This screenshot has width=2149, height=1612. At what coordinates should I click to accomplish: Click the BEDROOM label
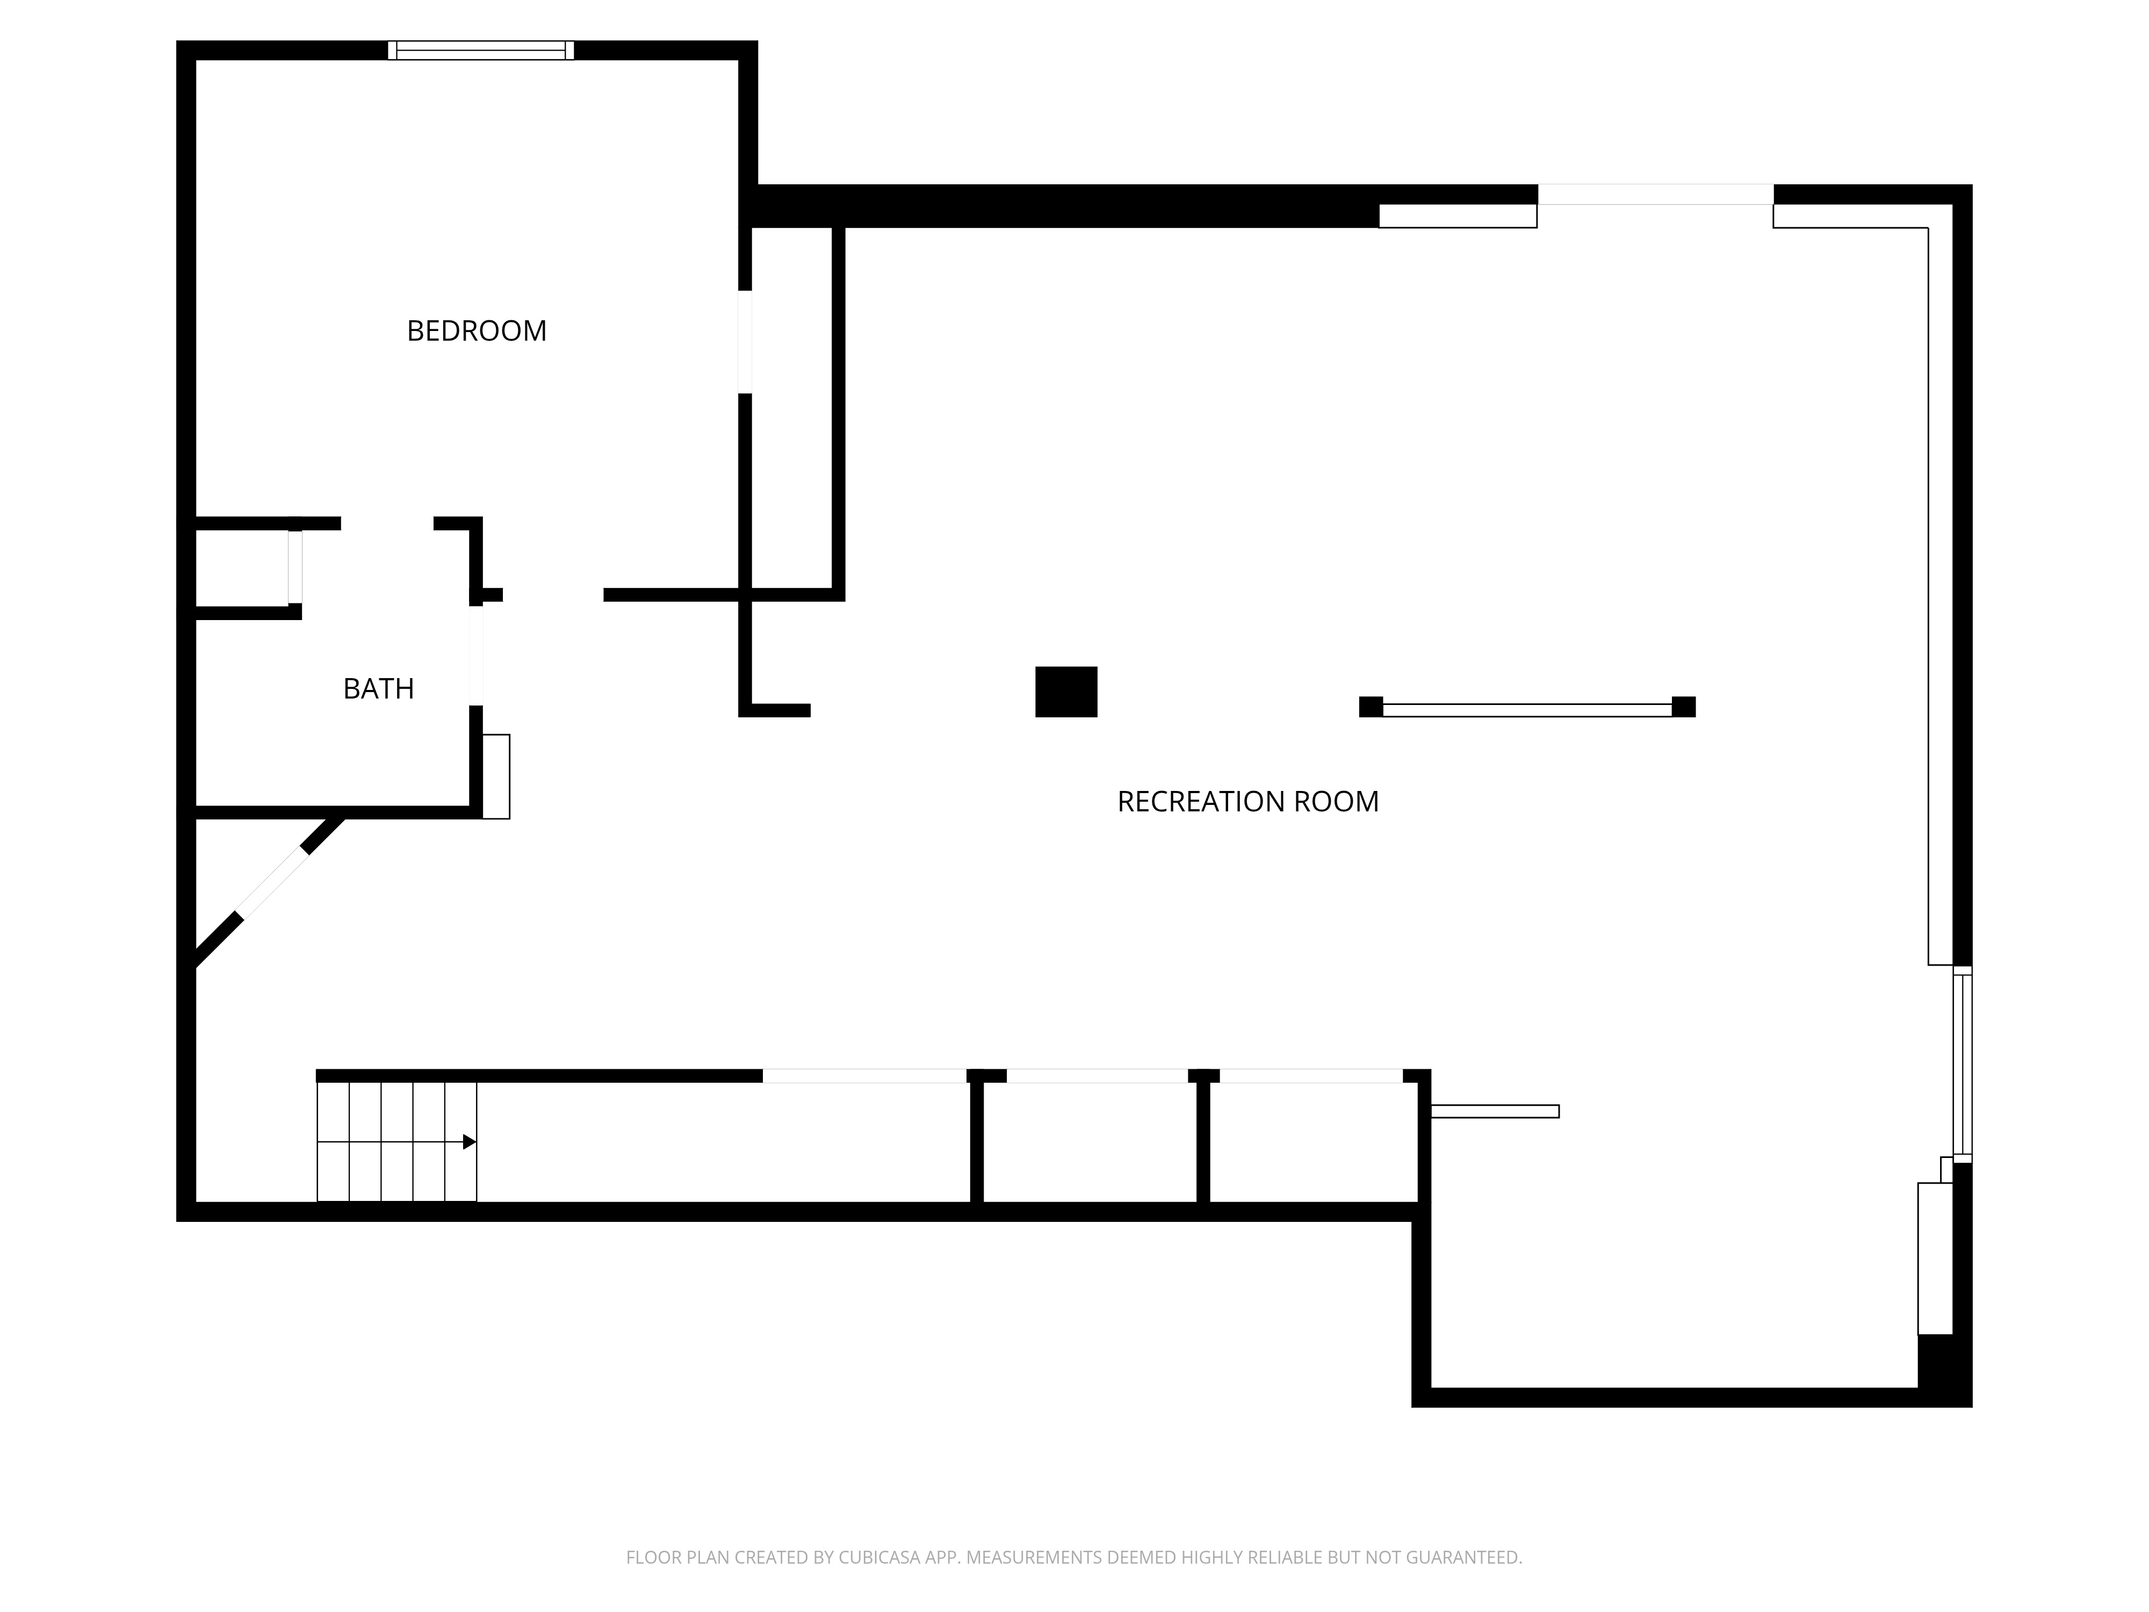coord(476,332)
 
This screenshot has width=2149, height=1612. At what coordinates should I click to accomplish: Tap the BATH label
coord(379,689)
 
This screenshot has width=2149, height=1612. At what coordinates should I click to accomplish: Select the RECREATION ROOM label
coord(1247,802)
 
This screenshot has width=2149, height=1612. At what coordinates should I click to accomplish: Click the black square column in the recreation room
coord(1066,692)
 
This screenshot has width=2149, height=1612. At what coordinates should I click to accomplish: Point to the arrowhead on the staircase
coord(469,1142)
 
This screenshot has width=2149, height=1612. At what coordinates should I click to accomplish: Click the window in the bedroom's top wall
coord(481,51)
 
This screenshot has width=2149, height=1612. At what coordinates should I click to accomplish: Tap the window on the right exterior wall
coord(1963,1064)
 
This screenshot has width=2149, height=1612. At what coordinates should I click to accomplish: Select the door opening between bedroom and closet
coord(745,342)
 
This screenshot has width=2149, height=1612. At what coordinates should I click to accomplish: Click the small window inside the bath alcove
coord(294,566)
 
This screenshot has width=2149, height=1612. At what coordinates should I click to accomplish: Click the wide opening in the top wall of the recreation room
coord(1655,195)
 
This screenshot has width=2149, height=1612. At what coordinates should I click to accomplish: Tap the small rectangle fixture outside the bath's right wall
coord(496,776)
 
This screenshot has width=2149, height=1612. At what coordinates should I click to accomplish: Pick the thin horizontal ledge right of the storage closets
coord(1495,1112)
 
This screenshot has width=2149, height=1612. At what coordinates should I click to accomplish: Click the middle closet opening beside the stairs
coord(1097,1076)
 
